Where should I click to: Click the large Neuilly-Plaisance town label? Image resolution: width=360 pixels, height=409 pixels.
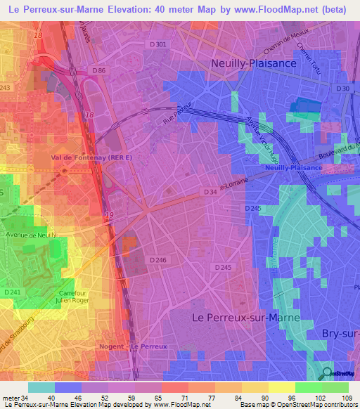(264, 63)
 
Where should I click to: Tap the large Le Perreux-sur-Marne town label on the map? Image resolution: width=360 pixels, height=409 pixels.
(245, 318)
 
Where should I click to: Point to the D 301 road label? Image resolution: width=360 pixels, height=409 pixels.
(159, 45)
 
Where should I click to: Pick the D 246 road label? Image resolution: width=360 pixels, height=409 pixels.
(158, 260)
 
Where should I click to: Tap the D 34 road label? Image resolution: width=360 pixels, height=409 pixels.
(210, 192)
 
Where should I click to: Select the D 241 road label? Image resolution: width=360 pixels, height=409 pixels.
(13, 292)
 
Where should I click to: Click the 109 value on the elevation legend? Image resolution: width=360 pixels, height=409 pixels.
(345, 397)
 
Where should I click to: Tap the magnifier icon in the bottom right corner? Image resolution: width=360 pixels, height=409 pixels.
(327, 372)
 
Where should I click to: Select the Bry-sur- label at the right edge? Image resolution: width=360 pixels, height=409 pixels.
(340, 332)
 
